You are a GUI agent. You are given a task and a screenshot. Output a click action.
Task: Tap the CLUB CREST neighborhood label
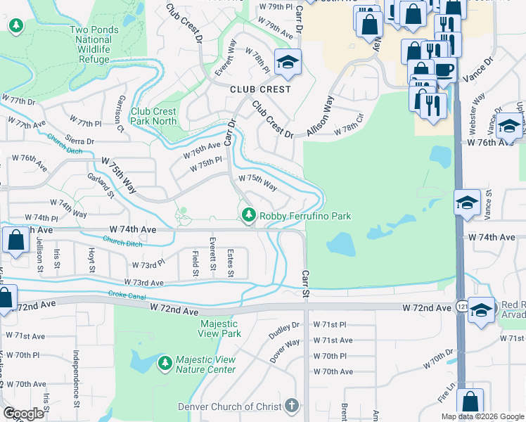click(x=260, y=89)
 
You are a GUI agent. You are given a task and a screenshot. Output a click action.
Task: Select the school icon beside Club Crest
click(x=287, y=64)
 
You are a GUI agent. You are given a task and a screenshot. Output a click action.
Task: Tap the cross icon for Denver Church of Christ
click(x=292, y=406)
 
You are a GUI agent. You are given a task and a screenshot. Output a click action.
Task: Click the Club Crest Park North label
click(x=154, y=116)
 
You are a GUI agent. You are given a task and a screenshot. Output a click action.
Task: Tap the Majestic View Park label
click(x=220, y=328)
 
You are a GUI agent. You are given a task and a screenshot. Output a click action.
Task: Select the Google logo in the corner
click(x=24, y=413)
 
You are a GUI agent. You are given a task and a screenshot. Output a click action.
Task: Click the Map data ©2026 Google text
click(x=482, y=416)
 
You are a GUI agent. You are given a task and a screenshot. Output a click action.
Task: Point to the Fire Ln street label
click(x=444, y=397)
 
